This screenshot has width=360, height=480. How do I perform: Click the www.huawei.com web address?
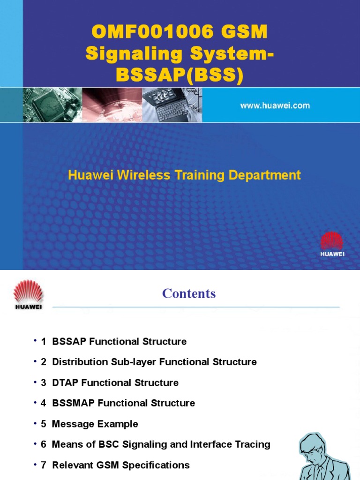(275, 106)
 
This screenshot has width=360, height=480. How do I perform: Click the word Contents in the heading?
(189, 294)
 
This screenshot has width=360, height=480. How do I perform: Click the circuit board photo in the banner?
(52, 105)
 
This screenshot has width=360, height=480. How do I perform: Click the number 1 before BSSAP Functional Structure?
(44, 342)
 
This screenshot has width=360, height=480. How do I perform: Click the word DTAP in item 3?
(65, 383)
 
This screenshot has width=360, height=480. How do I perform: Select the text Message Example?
(95, 424)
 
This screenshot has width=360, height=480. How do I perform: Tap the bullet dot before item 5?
(35, 423)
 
